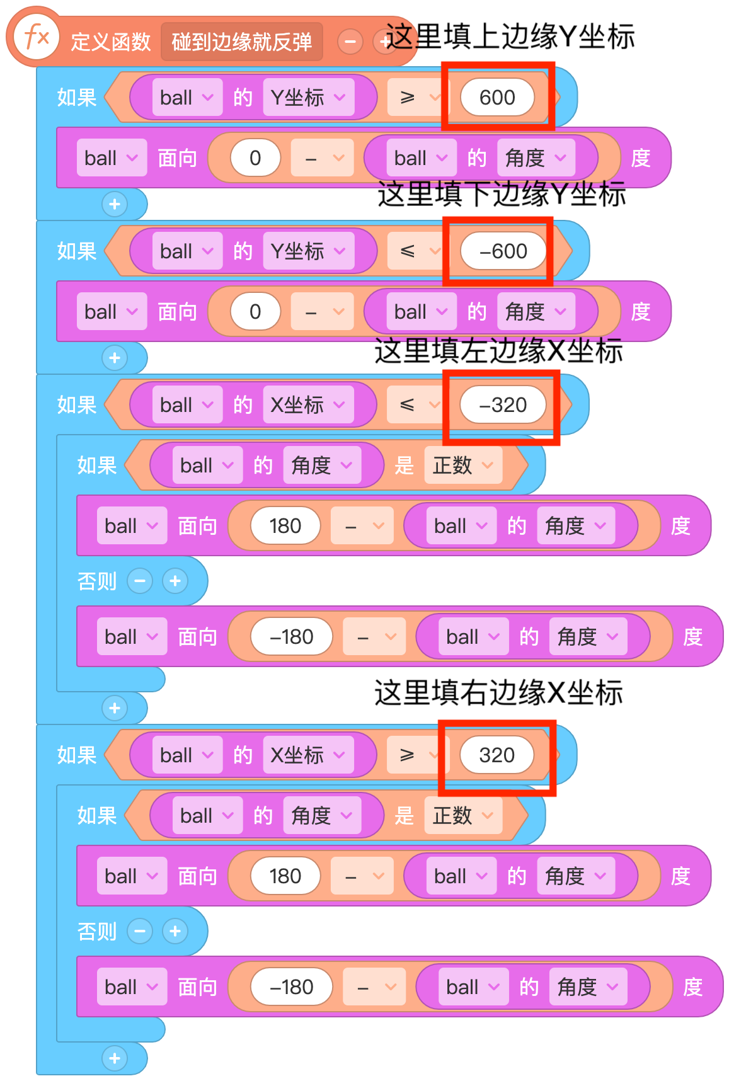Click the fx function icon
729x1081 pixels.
coord(36,38)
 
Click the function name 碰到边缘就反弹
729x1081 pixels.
coord(241,42)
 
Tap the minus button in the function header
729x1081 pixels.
coord(350,42)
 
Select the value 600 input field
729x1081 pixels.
coord(497,98)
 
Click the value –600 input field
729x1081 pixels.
coord(503,251)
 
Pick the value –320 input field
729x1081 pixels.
coord(503,405)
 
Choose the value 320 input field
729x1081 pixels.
coord(497,755)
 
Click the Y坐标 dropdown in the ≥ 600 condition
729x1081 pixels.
coord(308,98)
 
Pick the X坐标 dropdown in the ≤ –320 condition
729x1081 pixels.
coord(308,405)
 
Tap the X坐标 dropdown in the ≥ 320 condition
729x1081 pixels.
coord(308,755)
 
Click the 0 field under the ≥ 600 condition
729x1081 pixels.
coord(255,158)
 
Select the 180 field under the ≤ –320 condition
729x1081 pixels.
coord(285,526)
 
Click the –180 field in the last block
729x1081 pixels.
coord(291,987)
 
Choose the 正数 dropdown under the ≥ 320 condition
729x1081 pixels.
coord(462,816)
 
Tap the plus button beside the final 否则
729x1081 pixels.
coord(175,931)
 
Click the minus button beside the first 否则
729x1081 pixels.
coord(140,581)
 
